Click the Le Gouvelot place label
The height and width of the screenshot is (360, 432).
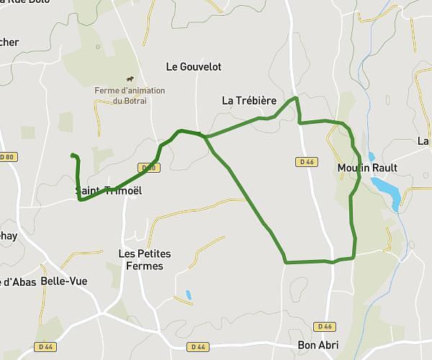194,67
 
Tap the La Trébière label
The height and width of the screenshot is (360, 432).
249,101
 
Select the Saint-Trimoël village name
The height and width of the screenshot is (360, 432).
109,191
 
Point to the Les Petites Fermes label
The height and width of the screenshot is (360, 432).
140,260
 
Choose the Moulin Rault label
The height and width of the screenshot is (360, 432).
367,168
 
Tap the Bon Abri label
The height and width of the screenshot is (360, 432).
318,345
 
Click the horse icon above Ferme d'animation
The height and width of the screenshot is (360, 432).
130,78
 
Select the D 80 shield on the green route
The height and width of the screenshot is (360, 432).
149,168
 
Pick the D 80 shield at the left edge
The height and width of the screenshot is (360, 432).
7,156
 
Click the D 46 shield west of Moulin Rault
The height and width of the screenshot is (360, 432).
306,162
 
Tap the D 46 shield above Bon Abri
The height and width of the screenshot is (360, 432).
325,326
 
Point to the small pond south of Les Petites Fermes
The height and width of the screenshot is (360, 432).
188,294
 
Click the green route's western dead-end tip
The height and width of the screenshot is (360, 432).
71,155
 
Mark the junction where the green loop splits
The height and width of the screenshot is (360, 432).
205,136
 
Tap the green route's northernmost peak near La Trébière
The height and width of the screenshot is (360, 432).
295,97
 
